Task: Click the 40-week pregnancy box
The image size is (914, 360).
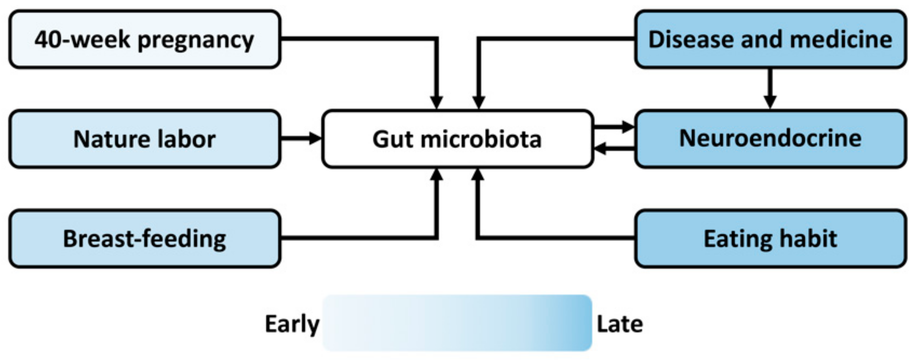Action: click(145, 39)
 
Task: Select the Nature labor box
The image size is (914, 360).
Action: click(145, 139)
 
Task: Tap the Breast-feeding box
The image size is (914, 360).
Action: click(145, 239)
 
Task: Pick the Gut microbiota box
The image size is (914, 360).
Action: click(457, 139)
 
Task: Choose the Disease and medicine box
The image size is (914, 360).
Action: click(770, 39)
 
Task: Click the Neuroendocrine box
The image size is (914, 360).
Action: click(770, 139)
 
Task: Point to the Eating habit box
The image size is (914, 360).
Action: click(770, 239)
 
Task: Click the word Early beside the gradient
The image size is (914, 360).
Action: click(292, 324)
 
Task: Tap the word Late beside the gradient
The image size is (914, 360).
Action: click(620, 324)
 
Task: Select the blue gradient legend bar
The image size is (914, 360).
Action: click(457, 323)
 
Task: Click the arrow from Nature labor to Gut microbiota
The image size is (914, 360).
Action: click(301, 138)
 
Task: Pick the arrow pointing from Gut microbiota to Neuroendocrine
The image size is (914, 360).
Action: click(614, 127)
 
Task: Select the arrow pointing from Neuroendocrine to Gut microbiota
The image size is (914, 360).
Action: click(614, 149)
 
